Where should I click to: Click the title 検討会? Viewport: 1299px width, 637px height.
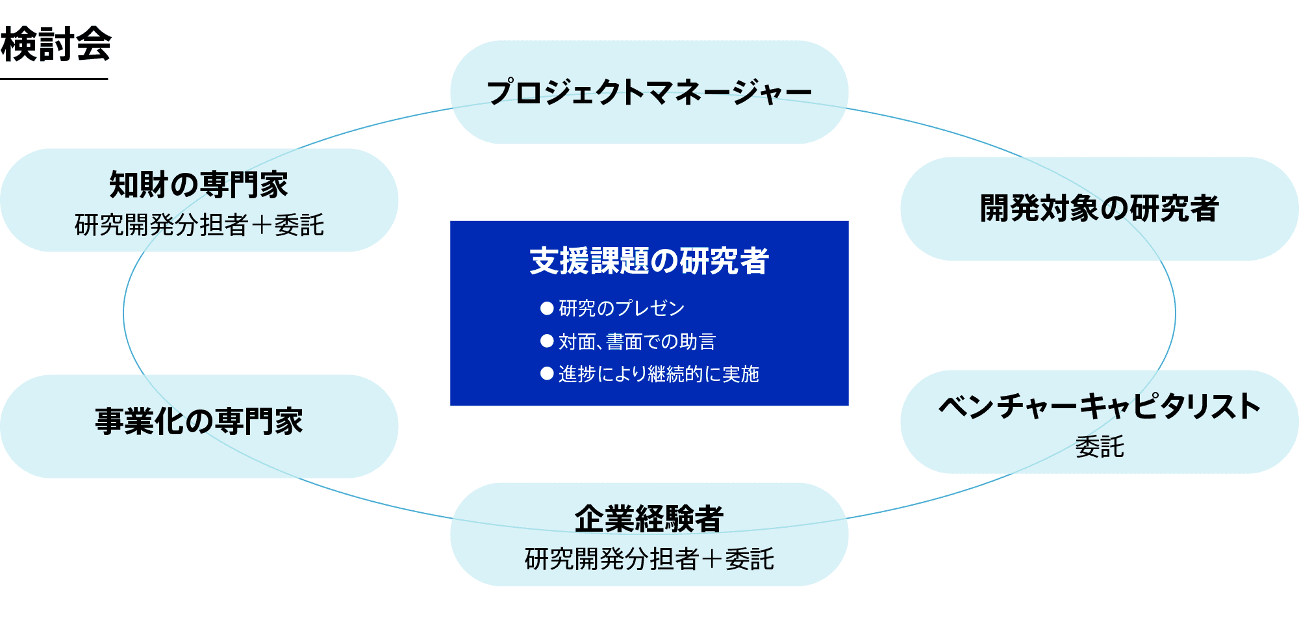point(56,44)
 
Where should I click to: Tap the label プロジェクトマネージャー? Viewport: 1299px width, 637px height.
point(649,92)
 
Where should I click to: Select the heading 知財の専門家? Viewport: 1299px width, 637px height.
point(199,185)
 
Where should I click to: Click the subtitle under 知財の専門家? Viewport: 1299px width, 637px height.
point(199,225)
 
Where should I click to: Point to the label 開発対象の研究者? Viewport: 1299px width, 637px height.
point(1099,209)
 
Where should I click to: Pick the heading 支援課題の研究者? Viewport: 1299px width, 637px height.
point(649,261)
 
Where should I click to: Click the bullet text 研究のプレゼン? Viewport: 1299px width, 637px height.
point(622,308)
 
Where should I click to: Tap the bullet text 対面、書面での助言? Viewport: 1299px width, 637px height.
point(637,341)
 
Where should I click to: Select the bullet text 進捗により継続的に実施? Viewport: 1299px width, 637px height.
point(659,374)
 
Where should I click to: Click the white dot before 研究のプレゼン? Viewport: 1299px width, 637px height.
point(547,308)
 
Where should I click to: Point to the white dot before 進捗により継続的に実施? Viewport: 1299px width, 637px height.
point(547,374)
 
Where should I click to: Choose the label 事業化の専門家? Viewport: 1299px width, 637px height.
point(199,421)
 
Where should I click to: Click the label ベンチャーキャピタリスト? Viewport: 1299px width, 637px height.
point(1099,406)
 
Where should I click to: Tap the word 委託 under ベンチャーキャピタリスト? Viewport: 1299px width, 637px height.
point(1099,447)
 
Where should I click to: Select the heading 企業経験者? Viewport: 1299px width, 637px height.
point(649,519)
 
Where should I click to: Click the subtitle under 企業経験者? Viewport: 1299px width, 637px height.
point(649,559)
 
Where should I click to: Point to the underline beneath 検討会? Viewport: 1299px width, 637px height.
point(54,79)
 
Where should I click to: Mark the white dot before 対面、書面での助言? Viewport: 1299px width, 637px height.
point(547,341)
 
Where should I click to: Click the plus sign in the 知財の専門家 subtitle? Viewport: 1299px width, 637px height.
point(262,226)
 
